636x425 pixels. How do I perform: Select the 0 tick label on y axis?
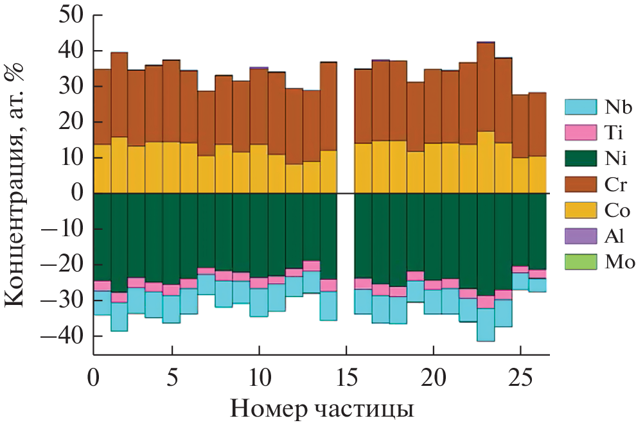coord(78,193)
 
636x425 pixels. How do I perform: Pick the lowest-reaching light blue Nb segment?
coord(486,325)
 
